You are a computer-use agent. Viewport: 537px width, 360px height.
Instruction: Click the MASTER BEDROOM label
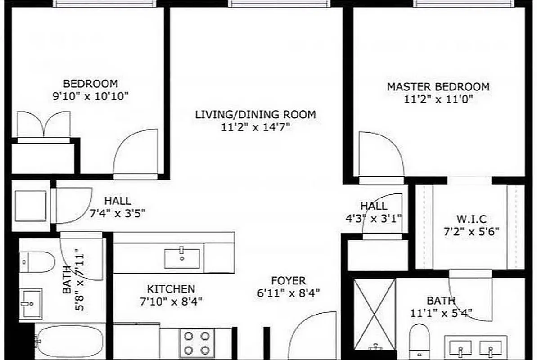coord(438,86)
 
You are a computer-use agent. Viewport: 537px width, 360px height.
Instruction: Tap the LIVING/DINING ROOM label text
coord(255,114)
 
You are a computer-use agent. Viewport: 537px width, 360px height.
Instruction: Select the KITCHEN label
coord(171,289)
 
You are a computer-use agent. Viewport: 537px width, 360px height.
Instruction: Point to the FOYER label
coord(288,281)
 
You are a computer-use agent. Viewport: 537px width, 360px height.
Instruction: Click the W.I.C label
coord(472,220)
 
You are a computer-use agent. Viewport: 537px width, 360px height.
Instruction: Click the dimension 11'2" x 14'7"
coord(255,127)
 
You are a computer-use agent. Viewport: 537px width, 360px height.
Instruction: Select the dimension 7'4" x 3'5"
coord(117,213)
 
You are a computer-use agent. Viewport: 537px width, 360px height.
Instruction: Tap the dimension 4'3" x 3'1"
coord(373,219)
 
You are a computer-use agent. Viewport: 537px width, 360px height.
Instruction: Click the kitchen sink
coord(182,258)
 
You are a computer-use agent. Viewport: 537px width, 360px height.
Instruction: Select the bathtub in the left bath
coord(70,341)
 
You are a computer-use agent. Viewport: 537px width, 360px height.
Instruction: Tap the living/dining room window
coord(279,4)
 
